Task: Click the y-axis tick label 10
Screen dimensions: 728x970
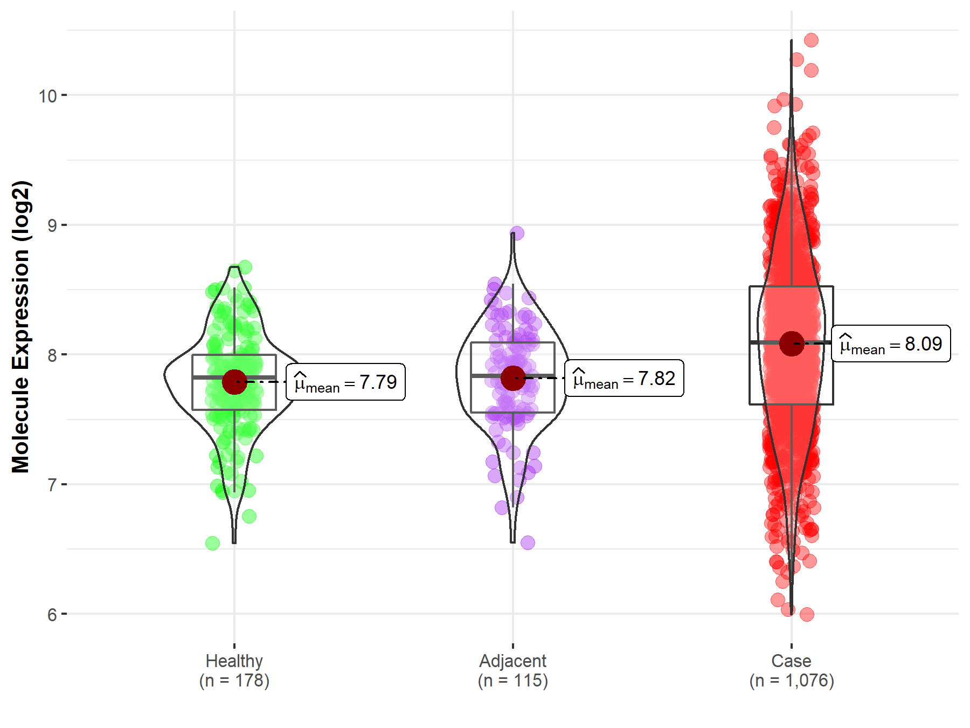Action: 47,96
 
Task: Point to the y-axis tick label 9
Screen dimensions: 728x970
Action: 52,225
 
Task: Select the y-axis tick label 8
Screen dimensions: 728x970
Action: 52,355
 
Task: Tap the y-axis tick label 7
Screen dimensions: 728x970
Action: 52,485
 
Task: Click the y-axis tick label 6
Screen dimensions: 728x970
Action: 52,615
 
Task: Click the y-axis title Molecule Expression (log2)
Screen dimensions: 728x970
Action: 20,327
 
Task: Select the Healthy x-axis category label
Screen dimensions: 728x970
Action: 234,661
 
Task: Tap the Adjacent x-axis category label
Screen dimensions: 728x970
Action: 512,661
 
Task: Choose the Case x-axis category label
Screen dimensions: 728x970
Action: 791,661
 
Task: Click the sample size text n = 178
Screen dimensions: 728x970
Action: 234,681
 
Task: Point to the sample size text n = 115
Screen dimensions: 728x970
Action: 512,681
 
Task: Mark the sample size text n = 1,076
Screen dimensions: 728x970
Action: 791,681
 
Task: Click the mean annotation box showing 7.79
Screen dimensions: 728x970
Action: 345,382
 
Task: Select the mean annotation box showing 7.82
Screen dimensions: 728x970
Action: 624,379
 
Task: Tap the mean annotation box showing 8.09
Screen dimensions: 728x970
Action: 891,344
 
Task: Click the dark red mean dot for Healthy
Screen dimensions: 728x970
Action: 234,382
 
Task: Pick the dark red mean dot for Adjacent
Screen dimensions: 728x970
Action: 513,378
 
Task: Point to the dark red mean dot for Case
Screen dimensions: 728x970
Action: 792,344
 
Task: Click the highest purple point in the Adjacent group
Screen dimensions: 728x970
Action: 517,233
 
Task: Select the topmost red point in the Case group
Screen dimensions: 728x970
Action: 811,40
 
